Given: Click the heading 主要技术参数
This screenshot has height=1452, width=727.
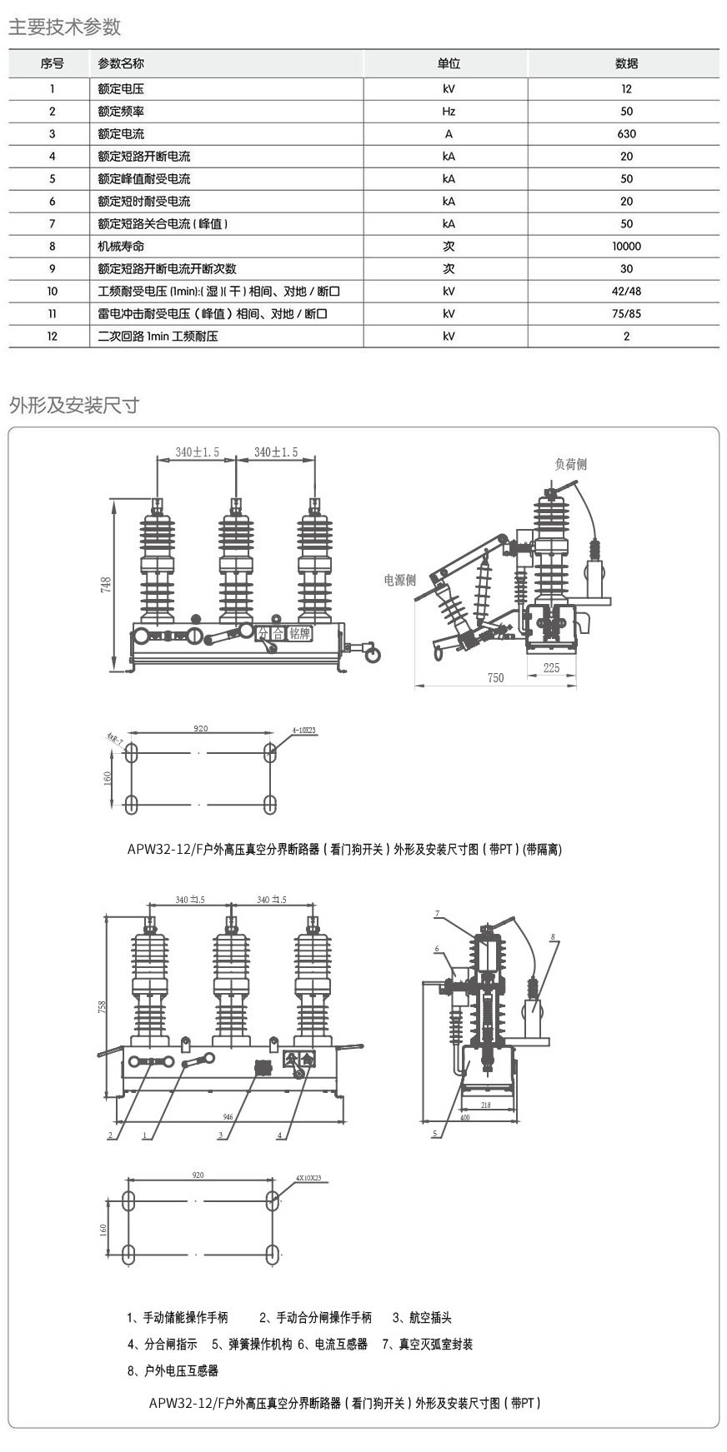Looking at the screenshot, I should click(x=65, y=27).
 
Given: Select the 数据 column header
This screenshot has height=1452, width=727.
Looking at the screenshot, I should click(x=626, y=64).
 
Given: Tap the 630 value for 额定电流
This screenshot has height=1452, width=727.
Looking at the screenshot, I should click(x=626, y=134).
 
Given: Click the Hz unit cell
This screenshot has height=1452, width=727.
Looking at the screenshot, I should click(x=449, y=112).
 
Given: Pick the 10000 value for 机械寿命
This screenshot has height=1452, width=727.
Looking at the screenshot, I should click(x=626, y=247).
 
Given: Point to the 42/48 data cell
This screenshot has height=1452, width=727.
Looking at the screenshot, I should click(x=626, y=292).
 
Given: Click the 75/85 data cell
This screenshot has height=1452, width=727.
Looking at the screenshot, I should click(x=626, y=314).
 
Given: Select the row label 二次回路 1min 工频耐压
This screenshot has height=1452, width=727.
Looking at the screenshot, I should click(x=158, y=337).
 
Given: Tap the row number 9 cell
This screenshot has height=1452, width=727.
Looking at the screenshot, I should click(x=52, y=269).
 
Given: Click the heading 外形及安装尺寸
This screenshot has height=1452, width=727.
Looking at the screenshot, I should click(x=74, y=406).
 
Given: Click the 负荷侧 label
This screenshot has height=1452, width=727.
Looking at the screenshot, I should click(x=571, y=464).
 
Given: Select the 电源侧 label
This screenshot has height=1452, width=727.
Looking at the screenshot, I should click(x=400, y=581).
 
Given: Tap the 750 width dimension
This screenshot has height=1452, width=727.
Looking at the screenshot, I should click(x=495, y=678).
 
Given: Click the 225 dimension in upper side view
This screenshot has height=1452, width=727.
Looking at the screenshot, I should click(x=551, y=667).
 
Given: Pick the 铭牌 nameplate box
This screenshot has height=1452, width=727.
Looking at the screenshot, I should click(x=299, y=633).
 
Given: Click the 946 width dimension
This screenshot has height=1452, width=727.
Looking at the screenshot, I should click(x=228, y=1117).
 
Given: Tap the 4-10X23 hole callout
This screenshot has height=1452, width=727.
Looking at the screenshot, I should click(x=304, y=730).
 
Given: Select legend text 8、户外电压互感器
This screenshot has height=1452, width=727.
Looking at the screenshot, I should click(x=173, y=1370).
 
